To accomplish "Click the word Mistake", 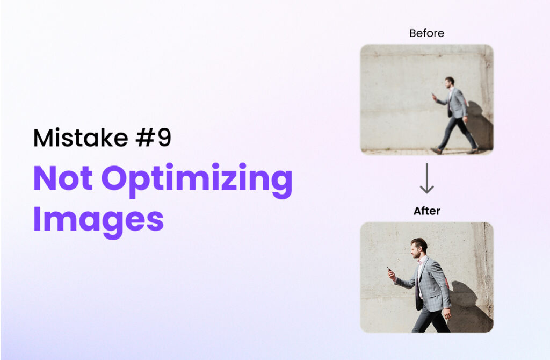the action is pyautogui.click(x=81, y=138).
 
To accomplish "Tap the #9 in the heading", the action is pyautogui.click(x=153, y=138).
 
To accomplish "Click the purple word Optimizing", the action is pyautogui.click(x=197, y=181).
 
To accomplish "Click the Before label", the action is pyautogui.click(x=426, y=33).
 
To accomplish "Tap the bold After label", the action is pyautogui.click(x=427, y=211).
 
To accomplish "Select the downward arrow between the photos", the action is pyautogui.click(x=427, y=178).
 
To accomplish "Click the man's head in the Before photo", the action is pyautogui.click(x=450, y=82).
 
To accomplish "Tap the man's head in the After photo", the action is pyautogui.click(x=419, y=248).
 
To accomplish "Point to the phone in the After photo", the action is pyautogui.click(x=389, y=270).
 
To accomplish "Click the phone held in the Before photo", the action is pyautogui.click(x=433, y=95).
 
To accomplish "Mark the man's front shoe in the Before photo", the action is pyautogui.click(x=436, y=151).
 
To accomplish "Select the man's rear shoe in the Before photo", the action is pyautogui.click(x=473, y=151).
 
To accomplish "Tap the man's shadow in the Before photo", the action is pyautogui.click(x=480, y=126).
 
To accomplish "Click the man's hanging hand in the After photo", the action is pyautogui.click(x=447, y=313).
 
